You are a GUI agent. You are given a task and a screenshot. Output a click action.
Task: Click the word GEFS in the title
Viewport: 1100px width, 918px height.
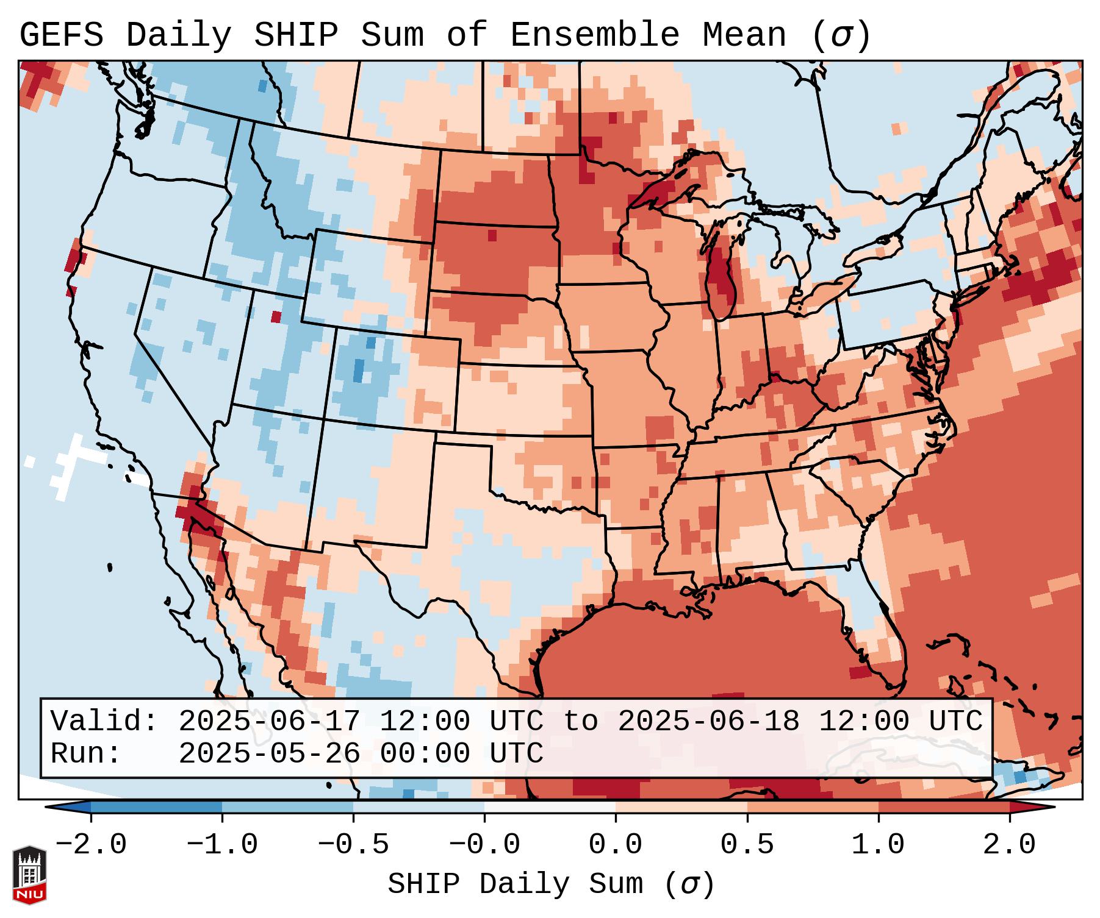(x=61, y=35)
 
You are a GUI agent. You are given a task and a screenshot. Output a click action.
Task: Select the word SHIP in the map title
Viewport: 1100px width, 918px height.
(x=295, y=35)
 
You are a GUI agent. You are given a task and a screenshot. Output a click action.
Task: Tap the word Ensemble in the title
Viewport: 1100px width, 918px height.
(x=594, y=35)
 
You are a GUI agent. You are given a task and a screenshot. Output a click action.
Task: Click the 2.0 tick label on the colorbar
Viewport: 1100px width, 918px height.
(x=1010, y=845)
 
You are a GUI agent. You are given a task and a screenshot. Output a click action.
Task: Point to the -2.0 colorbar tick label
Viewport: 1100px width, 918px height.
(x=91, y=845)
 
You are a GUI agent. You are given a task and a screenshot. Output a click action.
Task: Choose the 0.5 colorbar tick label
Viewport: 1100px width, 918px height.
(x=747, y=845)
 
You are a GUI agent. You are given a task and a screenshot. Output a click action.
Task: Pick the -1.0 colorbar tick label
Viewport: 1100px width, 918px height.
(x=222, y=845)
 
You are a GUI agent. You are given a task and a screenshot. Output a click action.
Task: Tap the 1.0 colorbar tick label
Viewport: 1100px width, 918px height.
(x=879, y=845)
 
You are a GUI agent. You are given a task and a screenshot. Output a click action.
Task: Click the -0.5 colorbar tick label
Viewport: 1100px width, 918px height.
(x=353, y=845)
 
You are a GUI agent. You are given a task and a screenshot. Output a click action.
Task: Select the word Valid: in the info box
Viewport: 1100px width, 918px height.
(x=104, y=721)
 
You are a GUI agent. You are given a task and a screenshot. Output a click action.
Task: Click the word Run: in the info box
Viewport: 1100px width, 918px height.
(x=86, y=753)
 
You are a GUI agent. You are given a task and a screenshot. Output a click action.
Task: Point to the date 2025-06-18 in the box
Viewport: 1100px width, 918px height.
(x=708, y=721)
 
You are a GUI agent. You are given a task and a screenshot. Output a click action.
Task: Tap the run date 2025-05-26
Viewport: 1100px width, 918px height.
(x=269, y=753)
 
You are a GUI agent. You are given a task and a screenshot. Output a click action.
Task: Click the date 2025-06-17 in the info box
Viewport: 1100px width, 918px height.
(x=269, y=721)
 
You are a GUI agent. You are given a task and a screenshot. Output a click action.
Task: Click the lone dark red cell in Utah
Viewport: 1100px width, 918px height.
(x=276, y=316)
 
